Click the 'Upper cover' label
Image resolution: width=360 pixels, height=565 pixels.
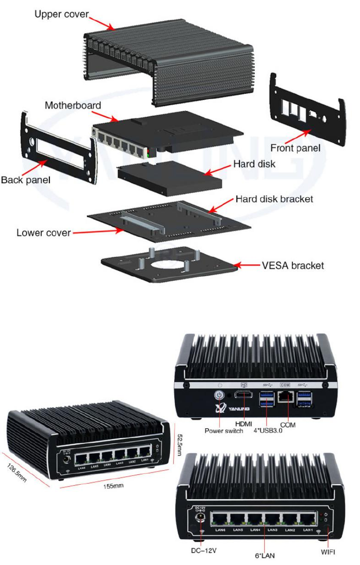point(61,14)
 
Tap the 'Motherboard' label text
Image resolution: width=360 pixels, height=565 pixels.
point(73,105)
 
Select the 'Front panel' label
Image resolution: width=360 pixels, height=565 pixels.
point(295,148)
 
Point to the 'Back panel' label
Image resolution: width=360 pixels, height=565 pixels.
point(25,179)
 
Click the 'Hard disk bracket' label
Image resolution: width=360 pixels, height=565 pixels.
point(274,199)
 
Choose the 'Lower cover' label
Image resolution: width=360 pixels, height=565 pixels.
point(44,232)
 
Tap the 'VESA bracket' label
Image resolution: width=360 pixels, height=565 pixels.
point(293,265)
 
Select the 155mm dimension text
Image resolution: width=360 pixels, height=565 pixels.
point(114,486)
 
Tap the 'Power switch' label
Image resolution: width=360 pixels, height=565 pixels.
point(223,431)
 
